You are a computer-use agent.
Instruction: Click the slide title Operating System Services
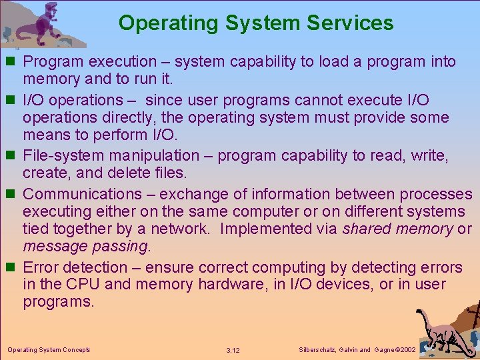256,23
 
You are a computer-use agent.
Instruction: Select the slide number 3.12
233,350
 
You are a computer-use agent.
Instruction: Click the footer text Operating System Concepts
49,349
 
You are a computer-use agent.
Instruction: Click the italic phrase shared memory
397,229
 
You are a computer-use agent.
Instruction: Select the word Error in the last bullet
41,267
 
